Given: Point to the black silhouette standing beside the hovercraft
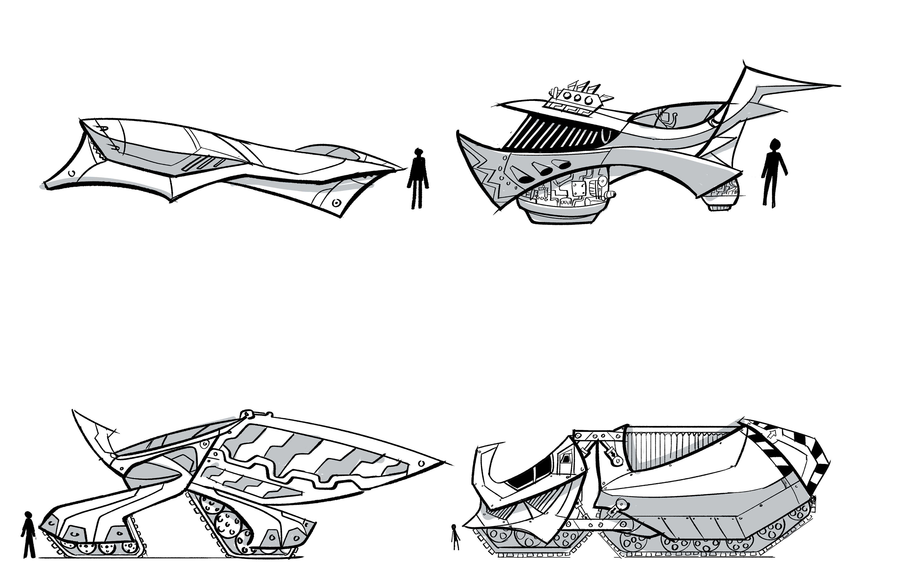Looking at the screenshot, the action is click(774, 171).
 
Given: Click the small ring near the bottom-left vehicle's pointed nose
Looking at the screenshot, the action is click(422, 463).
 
